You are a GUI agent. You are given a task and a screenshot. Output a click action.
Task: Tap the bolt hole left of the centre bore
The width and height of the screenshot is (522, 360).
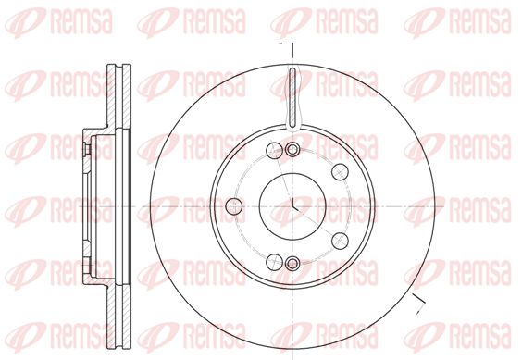point(233,206)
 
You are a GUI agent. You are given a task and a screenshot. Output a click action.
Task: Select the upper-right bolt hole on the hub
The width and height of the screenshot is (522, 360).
point(340,172)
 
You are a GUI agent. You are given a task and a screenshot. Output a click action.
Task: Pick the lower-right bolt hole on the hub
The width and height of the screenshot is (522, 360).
point(340,241)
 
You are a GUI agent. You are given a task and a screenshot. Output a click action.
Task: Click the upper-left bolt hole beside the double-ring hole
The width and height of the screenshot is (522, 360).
point(274,150)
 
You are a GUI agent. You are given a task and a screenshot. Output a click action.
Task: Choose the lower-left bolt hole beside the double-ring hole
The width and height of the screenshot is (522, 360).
point(274,262)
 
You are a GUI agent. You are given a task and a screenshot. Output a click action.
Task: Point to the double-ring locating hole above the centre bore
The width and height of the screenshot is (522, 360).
point(292,150)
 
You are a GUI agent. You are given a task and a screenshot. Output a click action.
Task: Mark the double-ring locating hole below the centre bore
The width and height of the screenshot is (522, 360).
point(292,264)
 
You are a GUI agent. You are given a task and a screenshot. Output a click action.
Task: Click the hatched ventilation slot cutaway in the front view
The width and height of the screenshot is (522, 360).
point(292,97)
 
